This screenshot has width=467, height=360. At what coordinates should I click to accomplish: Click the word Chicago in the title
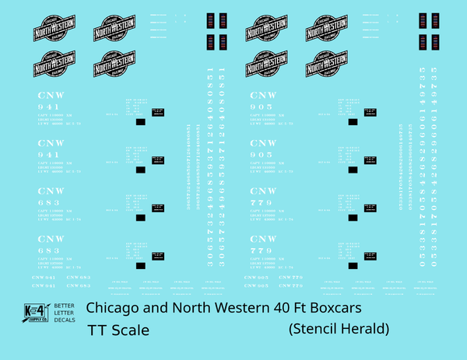click(x=114, y=308)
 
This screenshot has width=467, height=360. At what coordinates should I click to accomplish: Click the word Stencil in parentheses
click(x=315, y=330)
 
